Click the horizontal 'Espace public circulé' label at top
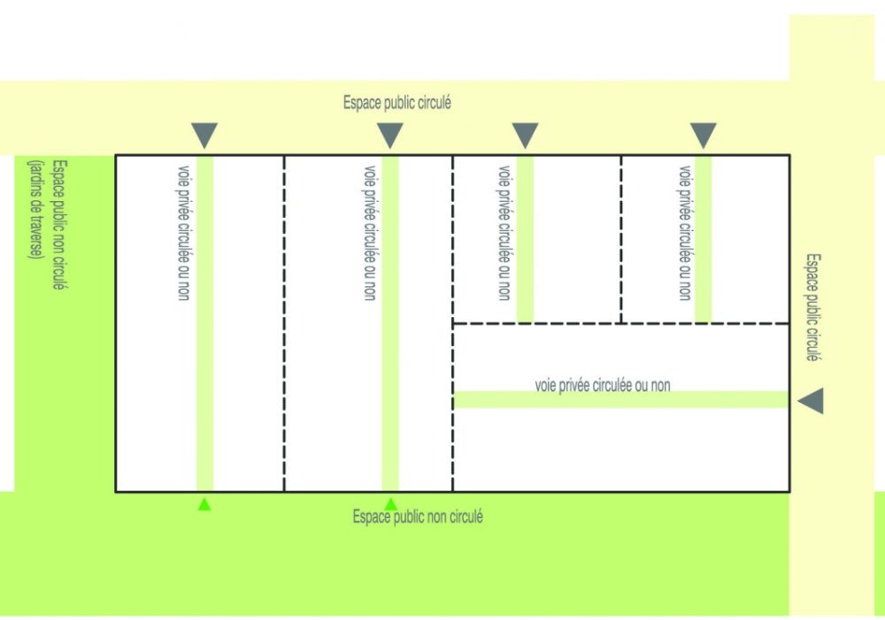click(x=397, y=103)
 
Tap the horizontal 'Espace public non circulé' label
click(x=418, y=517)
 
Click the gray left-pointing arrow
click(x=811, y=401)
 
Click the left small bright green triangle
click(x=204, y=505)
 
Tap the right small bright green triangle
click(x=390, y=505)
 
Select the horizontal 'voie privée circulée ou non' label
click(x=603, y=385)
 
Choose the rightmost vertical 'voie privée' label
click(x=683, y=232)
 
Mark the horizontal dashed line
click(x=620, y=324)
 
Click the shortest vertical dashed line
click(x=621, y=239)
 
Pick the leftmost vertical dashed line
click(x=284, y=323)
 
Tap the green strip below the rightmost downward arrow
click(x=704, y=239)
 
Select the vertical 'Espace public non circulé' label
click(x=59, y=226)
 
